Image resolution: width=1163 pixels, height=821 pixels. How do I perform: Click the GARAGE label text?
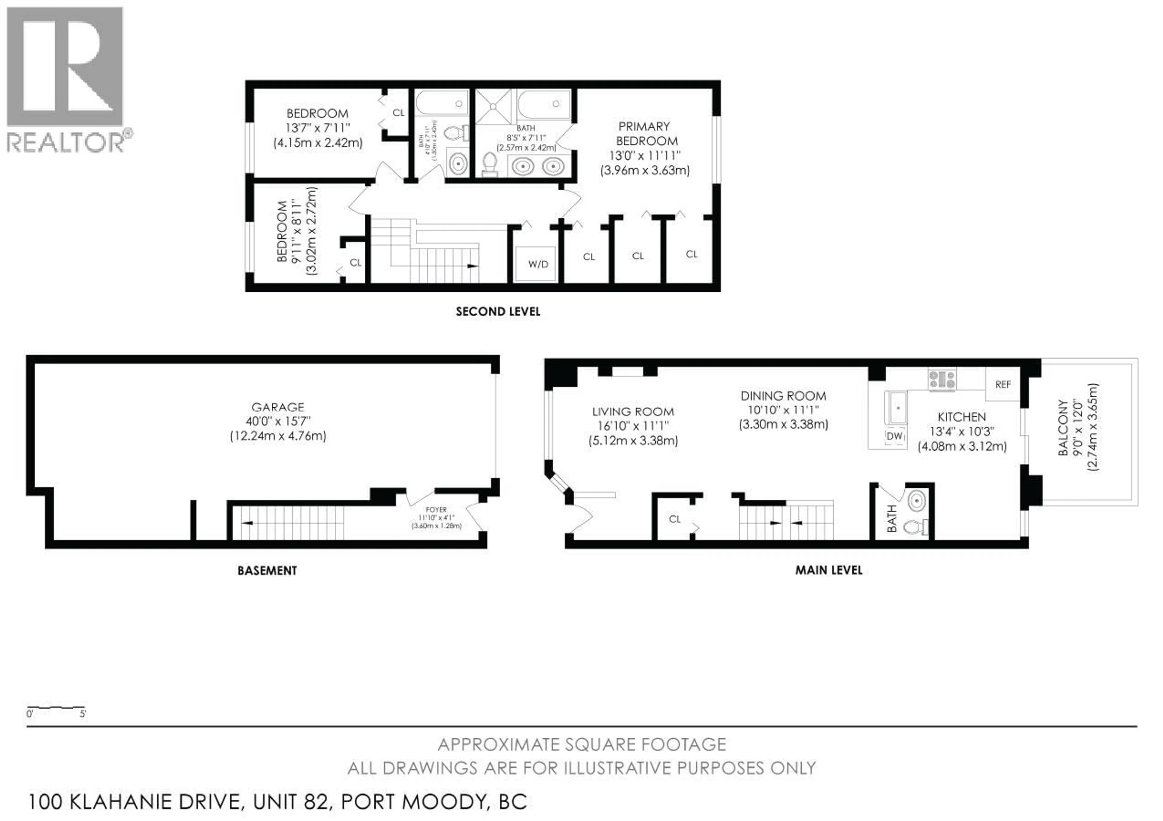278,407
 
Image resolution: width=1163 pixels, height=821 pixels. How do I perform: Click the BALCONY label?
1063,428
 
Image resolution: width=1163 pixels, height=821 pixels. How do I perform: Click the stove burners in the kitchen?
941,379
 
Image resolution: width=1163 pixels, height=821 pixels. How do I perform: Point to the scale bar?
56,707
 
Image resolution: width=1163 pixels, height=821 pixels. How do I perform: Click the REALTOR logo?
66,78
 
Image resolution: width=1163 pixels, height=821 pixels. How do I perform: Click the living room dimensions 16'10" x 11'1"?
633,426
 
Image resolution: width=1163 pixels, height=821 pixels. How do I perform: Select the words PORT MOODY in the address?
413,802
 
